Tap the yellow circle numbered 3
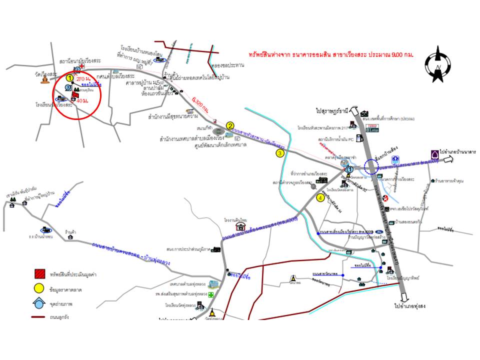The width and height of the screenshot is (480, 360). click(x=280, y=153)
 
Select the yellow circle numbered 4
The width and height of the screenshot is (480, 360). click(x=320, y=197)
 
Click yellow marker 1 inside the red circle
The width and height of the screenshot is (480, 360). click(x=69, y=78)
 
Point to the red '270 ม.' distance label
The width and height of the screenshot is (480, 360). click(x=83, y=79)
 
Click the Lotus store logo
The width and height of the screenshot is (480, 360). click(x=372, y=128)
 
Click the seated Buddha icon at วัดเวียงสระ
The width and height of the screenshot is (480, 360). click(x=46, y=80)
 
